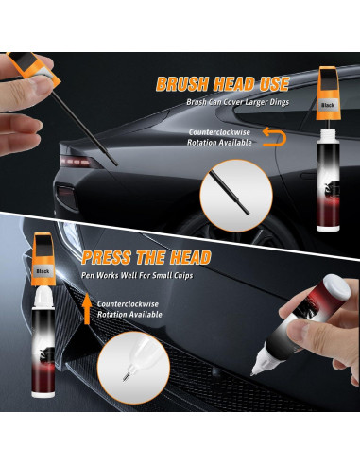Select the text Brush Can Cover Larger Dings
[x=236, y=102]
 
